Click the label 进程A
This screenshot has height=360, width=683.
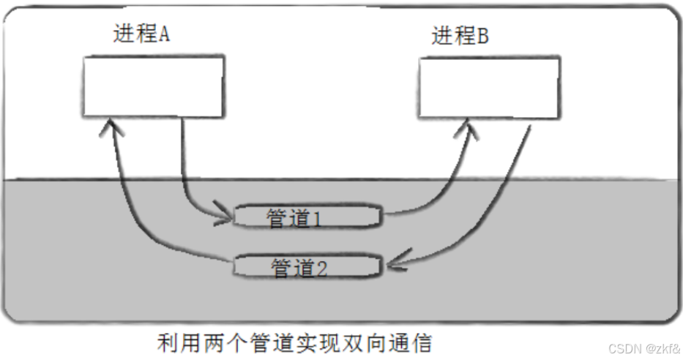(x=142, y=34)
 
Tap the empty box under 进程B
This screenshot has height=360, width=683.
(x=489, y=88)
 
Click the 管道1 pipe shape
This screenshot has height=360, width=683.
(x=307, y=217)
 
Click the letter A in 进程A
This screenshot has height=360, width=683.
(x=164, y=34)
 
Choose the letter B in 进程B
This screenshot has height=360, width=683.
(x=482, y=36)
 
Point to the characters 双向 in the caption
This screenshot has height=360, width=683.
(x=369, y=342)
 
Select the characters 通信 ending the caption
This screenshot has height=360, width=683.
(x=417, y=342)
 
